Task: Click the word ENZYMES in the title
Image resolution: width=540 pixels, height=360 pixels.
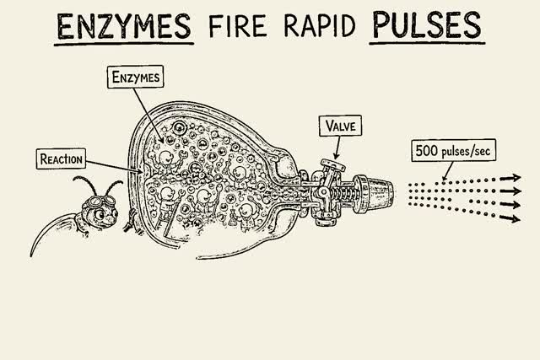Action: (x=124, y=26)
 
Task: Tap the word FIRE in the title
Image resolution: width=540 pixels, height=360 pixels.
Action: (x=237, y=26)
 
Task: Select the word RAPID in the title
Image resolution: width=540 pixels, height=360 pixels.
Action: (x=319, y=26)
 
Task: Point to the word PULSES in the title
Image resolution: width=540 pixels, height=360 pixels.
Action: (x=427, y=25)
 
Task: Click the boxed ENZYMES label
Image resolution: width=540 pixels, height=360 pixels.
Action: (x=135, y=77)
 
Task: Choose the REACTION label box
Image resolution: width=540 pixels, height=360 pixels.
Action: (x=61, y=159)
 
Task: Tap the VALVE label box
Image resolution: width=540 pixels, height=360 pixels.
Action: (x=340, y=126)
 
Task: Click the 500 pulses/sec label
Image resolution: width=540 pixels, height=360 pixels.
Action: (x=454, y=150)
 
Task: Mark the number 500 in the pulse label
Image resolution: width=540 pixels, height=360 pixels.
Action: (x=426, y=150)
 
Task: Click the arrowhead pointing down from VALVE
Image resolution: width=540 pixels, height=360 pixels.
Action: (x=336, y=156)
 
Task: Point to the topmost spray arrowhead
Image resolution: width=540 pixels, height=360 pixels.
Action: (x=516, y=178)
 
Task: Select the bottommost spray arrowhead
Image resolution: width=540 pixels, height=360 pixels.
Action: (x=515, y=218)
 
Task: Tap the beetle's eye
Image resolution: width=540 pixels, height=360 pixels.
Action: (x=100, y=214)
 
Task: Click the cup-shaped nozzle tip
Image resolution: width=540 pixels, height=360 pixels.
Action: (x=377, y=195)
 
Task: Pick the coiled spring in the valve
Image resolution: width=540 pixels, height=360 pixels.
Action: (x=343, y=195)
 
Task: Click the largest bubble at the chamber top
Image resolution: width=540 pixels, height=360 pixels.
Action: (x=180, y=128)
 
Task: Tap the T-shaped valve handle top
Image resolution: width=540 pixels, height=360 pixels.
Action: (x=332, y=165)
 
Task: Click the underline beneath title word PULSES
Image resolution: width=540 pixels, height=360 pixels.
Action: (x=427, y=44)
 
